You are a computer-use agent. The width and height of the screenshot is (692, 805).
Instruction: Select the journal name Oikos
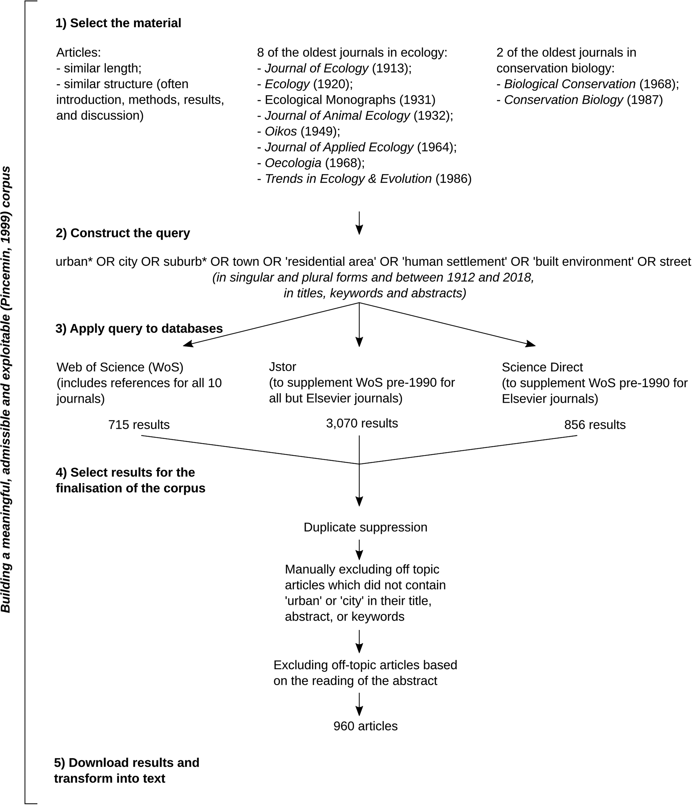(281, 131)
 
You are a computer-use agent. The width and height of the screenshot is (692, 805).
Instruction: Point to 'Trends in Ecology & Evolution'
(348, 179)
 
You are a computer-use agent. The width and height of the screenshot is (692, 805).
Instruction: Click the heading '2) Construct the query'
(123, 233)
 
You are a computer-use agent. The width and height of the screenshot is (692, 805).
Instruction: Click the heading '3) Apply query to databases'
(139, 329)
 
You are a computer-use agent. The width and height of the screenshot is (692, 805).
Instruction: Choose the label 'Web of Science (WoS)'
(120, 367)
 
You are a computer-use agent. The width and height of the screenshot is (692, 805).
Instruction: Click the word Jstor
(283, 367)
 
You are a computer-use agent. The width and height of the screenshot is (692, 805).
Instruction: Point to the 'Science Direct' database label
(542, 367)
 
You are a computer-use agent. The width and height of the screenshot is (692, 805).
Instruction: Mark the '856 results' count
(595, 425)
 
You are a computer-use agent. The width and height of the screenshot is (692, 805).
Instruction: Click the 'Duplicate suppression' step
(366, 527)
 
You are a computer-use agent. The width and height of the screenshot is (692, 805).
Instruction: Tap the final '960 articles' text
(366, 726)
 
